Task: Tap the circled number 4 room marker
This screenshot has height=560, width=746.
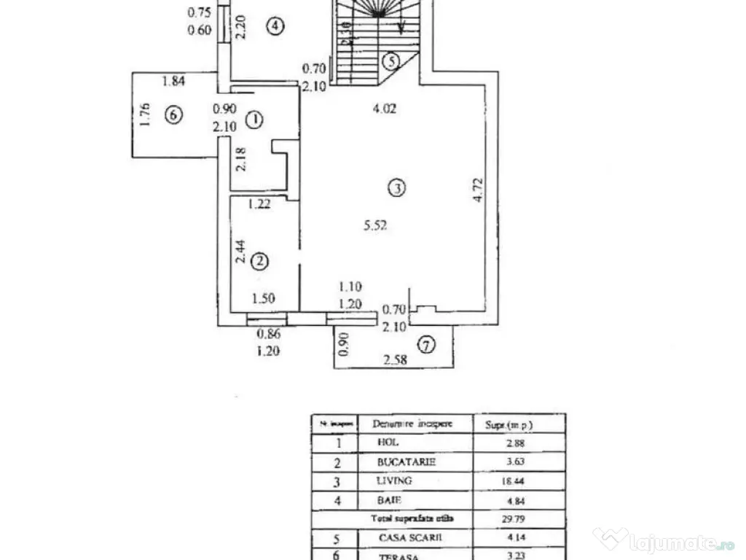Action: click(x=274, y=26)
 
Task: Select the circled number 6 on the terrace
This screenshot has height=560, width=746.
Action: click(x=173, y=114)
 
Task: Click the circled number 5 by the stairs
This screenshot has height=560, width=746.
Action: click(x=392, y=61)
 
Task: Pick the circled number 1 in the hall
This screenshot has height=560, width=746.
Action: click(x=254, y=121)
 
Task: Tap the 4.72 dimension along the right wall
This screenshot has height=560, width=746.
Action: click(x=477, y=190)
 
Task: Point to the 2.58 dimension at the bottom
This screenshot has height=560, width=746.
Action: click(x=396, y=359)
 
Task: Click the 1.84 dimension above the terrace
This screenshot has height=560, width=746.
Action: click(x=173, y=82)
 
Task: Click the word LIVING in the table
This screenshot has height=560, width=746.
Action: click(x=395, y=481)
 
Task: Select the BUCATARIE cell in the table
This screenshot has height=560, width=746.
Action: click(x=407, y=462)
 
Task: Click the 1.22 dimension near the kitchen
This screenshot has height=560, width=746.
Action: click(x=259, y=205)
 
